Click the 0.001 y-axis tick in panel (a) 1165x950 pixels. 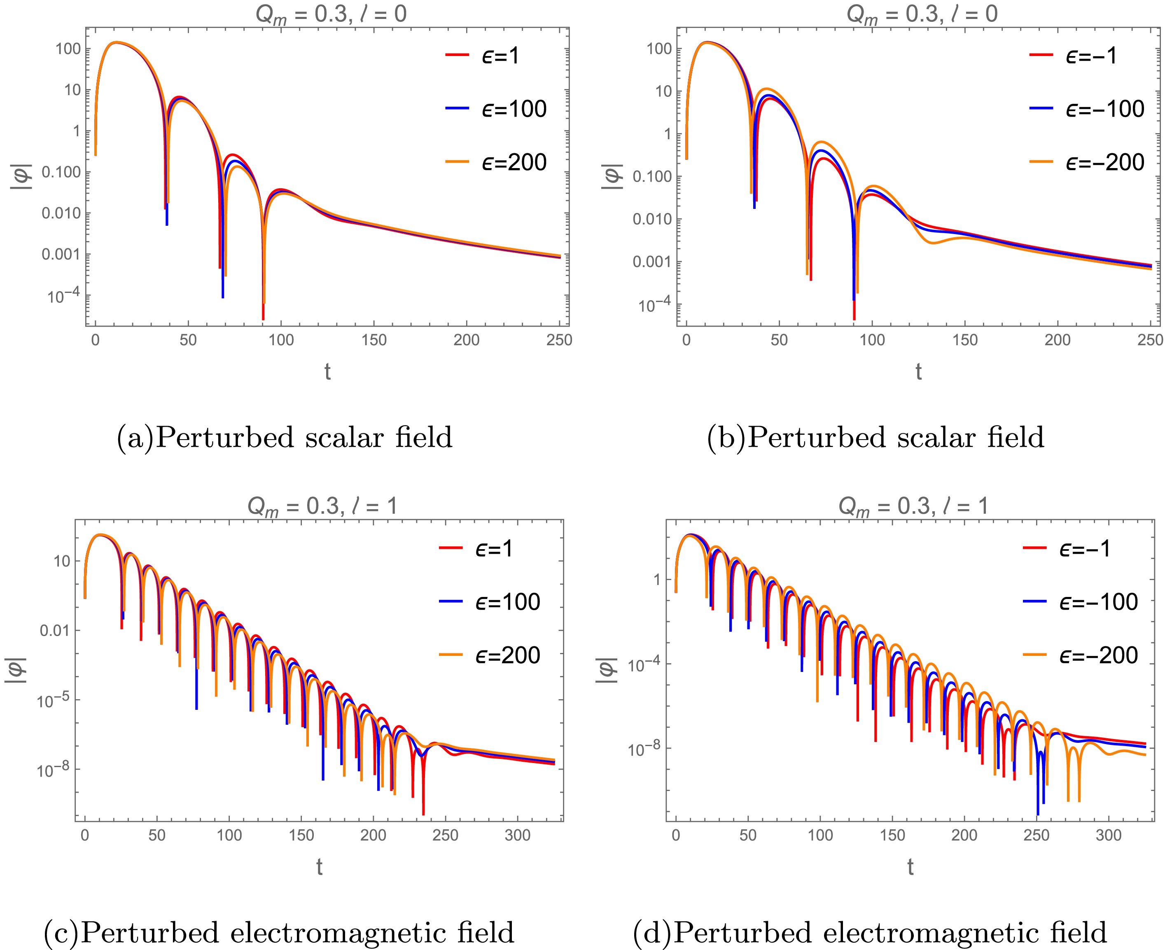pyautogui.click(x=61, y=255)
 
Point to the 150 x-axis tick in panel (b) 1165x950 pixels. pyautogui.click(x=965, y=340)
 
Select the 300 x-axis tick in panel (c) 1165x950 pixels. pyautogui.click(x=517, y=835)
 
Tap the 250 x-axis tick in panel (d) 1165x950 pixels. pyautogui.click(x=1037, y=835)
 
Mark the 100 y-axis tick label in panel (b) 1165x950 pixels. pyautogui.click(x=659, y=49)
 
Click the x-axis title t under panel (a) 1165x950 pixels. pyautogui.click(x=327, y=372)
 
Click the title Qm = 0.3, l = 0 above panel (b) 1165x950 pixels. pyautogui.click(x=922, y=13)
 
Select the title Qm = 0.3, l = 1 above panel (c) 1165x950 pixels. pyautogui.click(x=323, y=505)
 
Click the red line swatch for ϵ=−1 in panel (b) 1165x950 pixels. pyautogui.click(x=1041, y=55)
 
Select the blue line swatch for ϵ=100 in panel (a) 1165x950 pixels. pyautogui.click(x=457, y=108)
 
